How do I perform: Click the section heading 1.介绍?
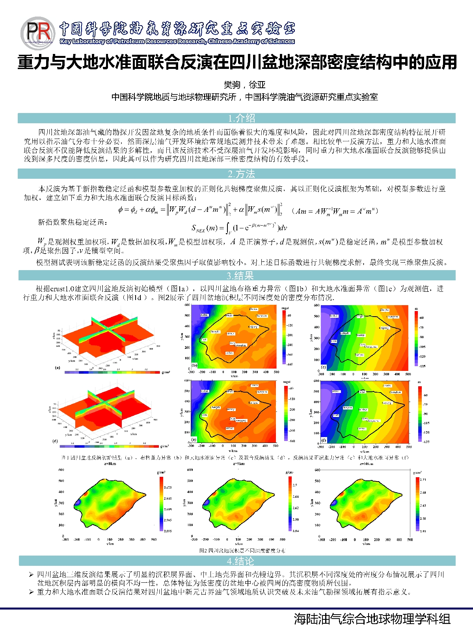(241, 118)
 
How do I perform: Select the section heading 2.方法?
(241, 174)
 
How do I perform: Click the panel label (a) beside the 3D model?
(58, 368)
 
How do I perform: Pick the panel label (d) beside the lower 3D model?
(55, 441)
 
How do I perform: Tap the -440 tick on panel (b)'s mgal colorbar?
(290, 364)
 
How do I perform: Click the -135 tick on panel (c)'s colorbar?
(422, 366)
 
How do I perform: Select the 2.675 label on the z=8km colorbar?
(168, 487)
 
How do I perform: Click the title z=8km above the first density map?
(110, 464)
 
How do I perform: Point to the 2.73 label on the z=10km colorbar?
(423, 480)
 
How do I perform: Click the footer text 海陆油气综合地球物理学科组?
(372, 619)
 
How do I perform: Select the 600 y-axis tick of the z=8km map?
(61, 470)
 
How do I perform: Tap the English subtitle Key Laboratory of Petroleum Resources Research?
(177, 41)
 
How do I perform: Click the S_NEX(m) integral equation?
(239, 228)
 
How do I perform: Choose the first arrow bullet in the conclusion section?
(31, 575)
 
